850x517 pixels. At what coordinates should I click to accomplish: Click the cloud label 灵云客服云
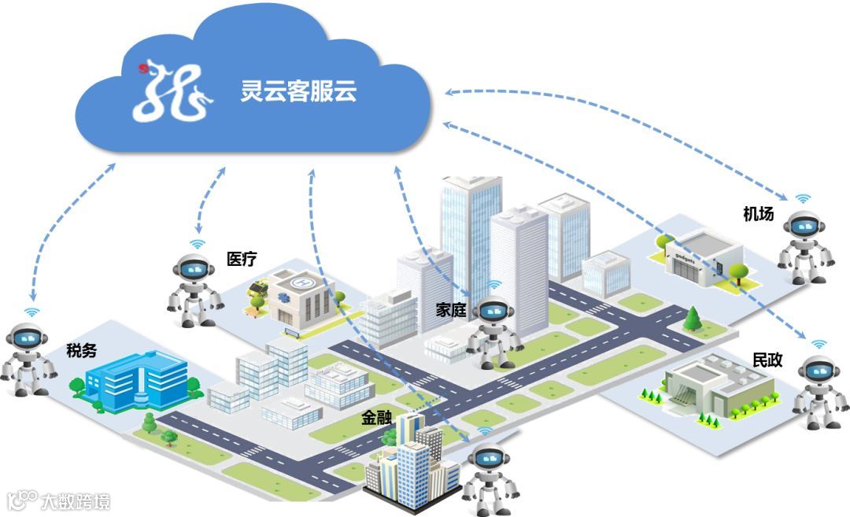[298, 91]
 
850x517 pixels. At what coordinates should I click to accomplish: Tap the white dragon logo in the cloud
[172, 90]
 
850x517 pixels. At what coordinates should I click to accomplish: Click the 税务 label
[82, 350]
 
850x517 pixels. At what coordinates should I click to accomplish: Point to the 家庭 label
[452, 310]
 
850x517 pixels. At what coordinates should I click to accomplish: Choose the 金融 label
[376, 418]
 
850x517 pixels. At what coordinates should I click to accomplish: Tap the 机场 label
[758, 213]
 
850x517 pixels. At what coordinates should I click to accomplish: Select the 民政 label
[767, 360]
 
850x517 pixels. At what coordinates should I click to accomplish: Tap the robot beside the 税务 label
[27, 359]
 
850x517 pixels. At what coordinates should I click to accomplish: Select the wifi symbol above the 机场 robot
[802, 199]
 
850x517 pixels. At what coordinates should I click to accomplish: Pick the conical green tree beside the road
[693, 318]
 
